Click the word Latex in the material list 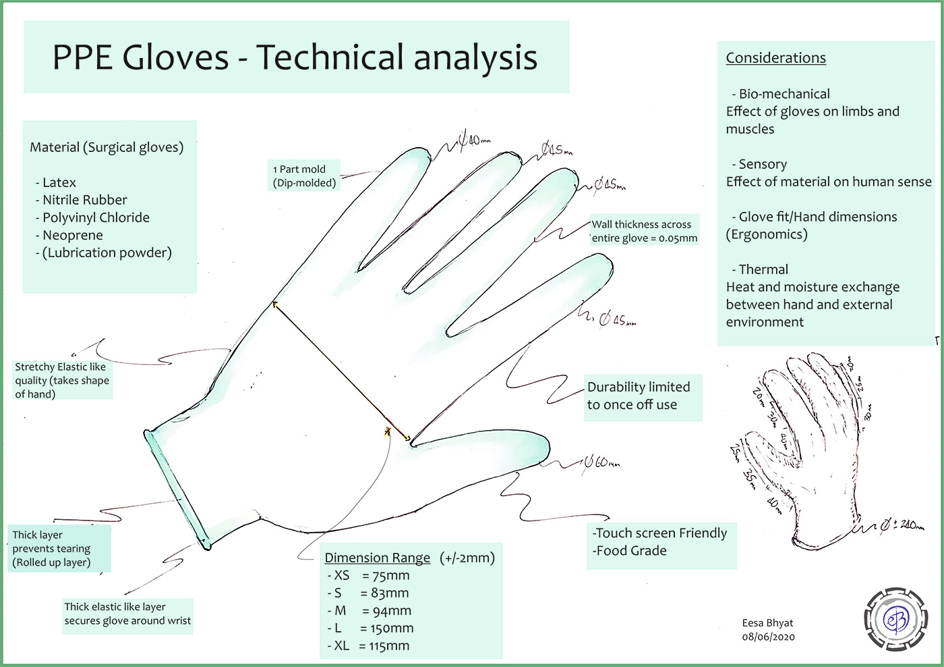tap(59, 183)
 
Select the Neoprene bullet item tap(72, 236)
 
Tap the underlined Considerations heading tap(775, 58)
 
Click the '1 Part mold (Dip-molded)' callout tap(304, 176)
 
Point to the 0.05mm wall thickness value tap(678, 238)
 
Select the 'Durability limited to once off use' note tap(639, 396)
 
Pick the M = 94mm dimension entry tap(370, 611)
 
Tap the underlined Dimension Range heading tap(377, 558)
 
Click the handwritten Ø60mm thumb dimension tap(602, 463)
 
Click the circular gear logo tap(895, 619)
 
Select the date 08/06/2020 tap(768, 637)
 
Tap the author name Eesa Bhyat tap(767, 623)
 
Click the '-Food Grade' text tap(631, 551)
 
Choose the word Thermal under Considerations tap(763, 270)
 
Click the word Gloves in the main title tap(175, 57)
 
